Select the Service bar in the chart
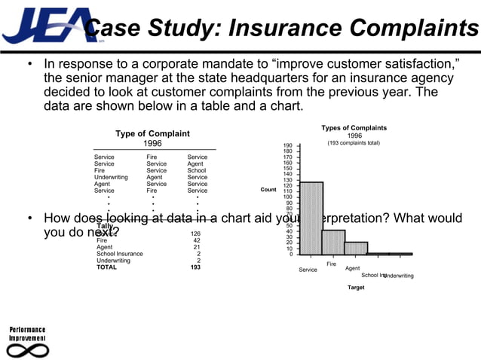tap(311, 218)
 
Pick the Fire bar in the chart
tap(333, 242)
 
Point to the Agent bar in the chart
tap(356, 248)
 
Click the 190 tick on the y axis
tap(288, 145)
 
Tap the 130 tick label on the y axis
tap(288, 179)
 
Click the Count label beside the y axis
tap(268, 190)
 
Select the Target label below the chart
tap(355, 288)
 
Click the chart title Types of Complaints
tap(354, 128)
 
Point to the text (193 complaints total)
tap(354, 143)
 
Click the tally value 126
tap(195, 233)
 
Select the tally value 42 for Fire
tap(197, 240)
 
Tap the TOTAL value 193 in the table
tap(195, 267)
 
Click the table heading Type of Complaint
tap(152, 133)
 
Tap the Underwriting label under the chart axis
tap(399, 276)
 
